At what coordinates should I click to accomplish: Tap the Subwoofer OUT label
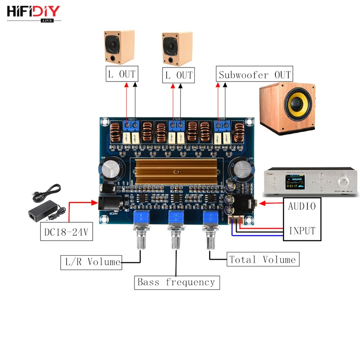coord(255,74)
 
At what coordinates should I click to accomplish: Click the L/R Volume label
coord(91,261)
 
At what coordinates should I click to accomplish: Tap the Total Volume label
coord(262,259)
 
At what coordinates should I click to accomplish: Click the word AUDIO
coord(301,207)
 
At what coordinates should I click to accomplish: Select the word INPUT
coord(301,231)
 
